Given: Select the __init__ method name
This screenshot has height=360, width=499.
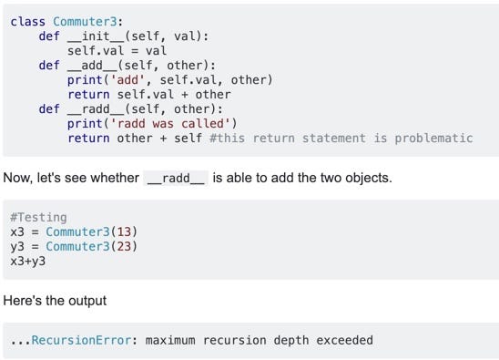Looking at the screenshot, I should [x=97, y=36].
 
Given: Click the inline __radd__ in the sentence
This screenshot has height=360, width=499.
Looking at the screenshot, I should [x=178, y=178].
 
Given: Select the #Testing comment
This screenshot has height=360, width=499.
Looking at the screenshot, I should [x=38, y=217].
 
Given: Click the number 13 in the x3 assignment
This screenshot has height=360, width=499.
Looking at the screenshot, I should [x=124, y=231].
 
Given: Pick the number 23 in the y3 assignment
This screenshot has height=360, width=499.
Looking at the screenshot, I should [x=124, y=246].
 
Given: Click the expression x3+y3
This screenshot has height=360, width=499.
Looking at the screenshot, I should [x=28, y=261].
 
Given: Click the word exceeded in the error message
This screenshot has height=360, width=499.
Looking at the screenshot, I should [x=344, y=340].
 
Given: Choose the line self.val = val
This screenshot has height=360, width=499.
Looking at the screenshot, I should [x=116, y=50].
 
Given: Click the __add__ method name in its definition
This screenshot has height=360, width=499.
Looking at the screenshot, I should [x=94, y=65].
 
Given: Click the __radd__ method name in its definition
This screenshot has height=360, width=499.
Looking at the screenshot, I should [x=97, y=108].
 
